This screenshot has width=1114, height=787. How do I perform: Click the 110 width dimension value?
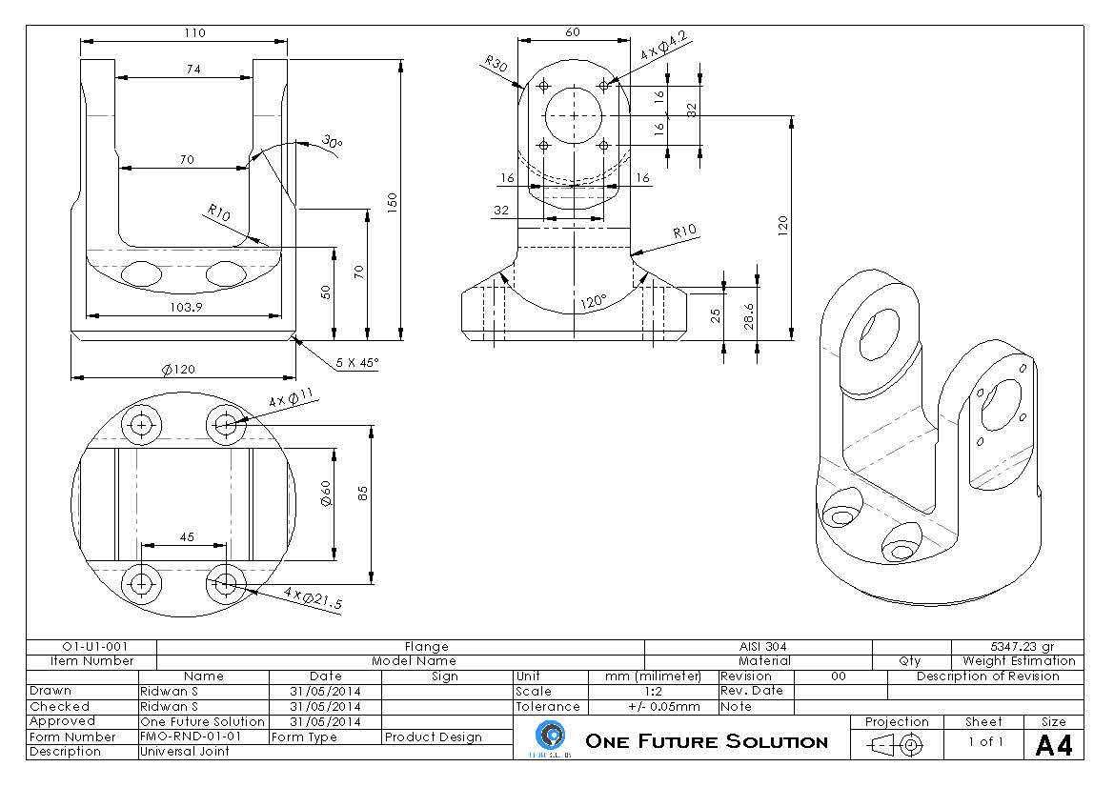click(194, 32)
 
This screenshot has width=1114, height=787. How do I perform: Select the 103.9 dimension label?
click(186, 307)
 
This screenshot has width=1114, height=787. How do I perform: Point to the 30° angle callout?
click(332, 141)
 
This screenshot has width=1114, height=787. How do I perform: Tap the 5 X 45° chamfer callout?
click(357, 363)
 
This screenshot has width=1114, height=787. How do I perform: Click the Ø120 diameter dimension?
click(178, 369)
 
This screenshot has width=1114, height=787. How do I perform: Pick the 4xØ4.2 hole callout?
click(663, 46)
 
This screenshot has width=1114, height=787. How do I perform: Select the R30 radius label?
click(496, 64)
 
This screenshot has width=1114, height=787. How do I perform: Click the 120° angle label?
click(594, 302)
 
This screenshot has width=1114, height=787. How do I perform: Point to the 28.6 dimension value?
click(749, 316)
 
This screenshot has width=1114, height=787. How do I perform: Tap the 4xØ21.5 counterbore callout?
click(313, 598)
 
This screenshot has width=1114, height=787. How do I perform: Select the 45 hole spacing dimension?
click(187, 537)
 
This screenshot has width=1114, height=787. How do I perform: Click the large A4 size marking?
click(1054, 745)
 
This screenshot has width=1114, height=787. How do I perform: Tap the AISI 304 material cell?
click(763, 646)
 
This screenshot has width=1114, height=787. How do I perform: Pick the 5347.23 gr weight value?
click(1023, 646)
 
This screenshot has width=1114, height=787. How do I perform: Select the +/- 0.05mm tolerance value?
click(663, 707)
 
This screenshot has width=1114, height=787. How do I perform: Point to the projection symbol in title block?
click(897, 745)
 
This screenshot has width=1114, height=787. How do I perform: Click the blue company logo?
click(552, 735)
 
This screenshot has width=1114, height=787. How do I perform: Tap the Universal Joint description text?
click(185, 752)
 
